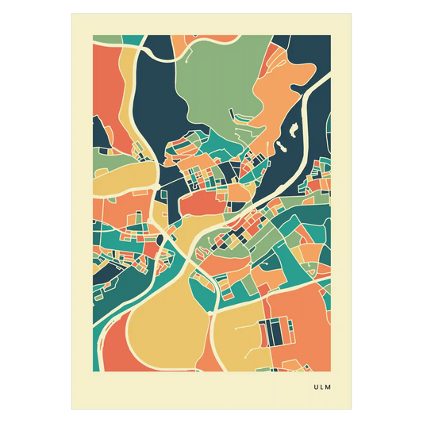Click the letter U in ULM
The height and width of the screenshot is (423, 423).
coord(316,388)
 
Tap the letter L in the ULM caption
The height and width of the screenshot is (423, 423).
coord(323,388)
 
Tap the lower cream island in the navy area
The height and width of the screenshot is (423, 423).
coord(281,148)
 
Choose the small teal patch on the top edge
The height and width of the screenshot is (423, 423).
coord(134,40)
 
